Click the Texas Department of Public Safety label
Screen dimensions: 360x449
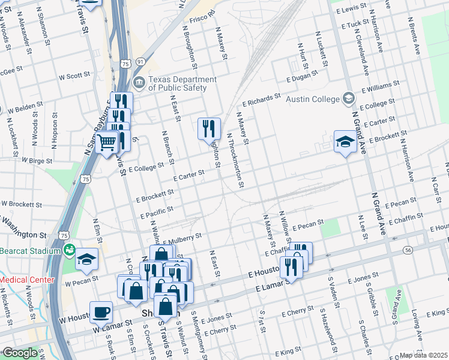tap(182, 83)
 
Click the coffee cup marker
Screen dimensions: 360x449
tap(100, 312)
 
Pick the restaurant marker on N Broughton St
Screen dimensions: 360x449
tap(209, 129)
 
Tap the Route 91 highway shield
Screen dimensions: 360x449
tap(140, 62)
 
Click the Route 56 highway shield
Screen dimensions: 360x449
tap(408, 249)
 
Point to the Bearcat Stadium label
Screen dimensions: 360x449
tap(29, 249)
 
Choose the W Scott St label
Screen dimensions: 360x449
tap(74, 76)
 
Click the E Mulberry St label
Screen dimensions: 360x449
tap(181, 238)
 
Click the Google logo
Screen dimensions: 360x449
tap(20, 353)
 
